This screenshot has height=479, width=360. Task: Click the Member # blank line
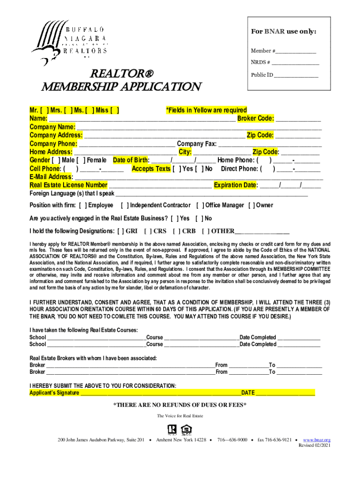pos(295,51)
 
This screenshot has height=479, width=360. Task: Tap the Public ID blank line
pos(296,75)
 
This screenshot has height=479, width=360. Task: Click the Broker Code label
pos(255,119)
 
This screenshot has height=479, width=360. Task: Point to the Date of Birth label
pos(130,160)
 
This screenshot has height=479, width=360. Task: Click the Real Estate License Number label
pos(68,185)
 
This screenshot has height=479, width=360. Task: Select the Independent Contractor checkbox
pos(124,205)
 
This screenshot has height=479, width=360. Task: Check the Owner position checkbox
pos(251,205)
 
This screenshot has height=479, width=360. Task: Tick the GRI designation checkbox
pos(121,231)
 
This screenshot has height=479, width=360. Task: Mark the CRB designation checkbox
pos(176,231)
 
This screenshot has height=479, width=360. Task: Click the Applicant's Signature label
pos(54,393)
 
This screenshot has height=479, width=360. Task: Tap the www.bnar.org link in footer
pos(317,440)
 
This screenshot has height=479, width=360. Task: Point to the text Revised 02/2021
pos(315,446)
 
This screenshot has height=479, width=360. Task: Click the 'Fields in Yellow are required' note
pos(206,110)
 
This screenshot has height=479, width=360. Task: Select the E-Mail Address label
pos(51,177)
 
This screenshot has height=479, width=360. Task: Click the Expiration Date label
pos(235,185)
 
